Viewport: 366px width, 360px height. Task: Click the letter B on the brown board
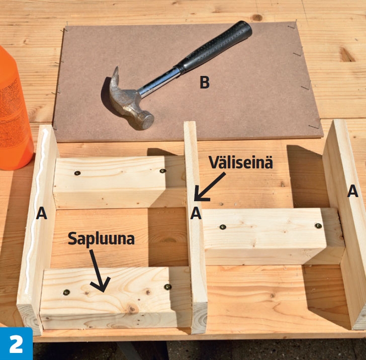(205, 82)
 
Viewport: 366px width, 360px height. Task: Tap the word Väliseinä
(241, 162)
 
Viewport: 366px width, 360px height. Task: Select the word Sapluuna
(101, 238)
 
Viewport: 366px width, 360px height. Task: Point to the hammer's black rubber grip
(215, 47)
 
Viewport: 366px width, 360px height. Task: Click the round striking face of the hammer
(145, 121)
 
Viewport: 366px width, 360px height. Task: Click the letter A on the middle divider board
(196, 213)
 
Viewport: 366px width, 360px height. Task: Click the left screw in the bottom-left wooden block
(66, 292)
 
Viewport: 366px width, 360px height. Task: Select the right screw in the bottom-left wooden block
(167, 287)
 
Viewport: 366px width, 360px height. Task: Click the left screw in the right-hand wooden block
(223, 227)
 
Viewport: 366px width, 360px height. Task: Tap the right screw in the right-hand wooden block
(318, 226)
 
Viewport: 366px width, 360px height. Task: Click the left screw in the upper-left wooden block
(77, 173)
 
